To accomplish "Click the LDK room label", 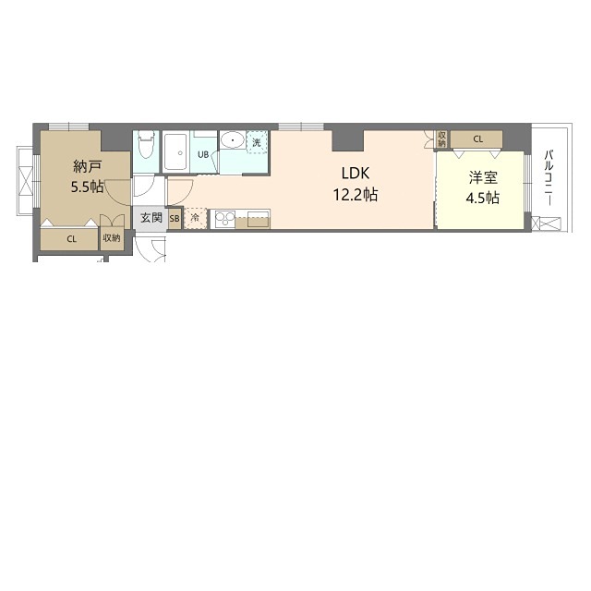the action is [x=355, y=174].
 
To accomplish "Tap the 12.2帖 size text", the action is [x=355, y=195].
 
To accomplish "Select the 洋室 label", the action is [x=483, y=177].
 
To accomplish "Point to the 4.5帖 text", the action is [x=483, y=198].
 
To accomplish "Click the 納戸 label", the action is [x=88, y=166].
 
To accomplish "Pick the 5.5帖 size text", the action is [x=88, y=187].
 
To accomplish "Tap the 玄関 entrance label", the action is [x=151, y=218].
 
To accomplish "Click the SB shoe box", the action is [x=175, y=219].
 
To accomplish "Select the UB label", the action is [x=203, y=154].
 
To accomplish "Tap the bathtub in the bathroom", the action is [x=176, y=151].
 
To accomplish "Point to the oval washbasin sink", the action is [x=233, y=140].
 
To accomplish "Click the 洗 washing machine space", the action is [x=257, y=142].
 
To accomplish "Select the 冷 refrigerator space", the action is [x=195, y=218].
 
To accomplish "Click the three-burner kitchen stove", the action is [x=225, y=219].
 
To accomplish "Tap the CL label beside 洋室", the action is [x=478, y=139].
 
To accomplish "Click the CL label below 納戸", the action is [x=72, y=239].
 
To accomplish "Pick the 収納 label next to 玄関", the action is [x=112, y=238].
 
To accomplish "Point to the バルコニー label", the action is [x=549, y=177].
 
